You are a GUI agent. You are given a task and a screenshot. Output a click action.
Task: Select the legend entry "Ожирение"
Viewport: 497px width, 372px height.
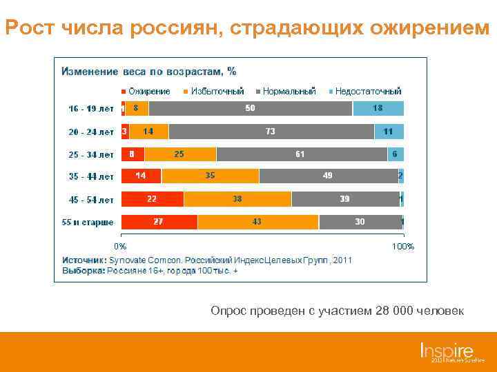148,91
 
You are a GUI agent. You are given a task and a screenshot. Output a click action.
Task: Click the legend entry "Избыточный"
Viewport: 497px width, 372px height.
217,91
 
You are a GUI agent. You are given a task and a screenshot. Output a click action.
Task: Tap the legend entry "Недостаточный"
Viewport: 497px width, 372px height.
367,91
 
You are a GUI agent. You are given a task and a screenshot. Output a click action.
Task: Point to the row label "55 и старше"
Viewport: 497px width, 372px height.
88,222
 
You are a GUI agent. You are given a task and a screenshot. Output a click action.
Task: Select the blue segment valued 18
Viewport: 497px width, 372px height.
378,108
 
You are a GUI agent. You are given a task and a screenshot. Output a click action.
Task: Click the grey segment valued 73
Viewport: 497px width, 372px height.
271,131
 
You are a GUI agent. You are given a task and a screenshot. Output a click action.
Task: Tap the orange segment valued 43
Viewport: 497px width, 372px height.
257,222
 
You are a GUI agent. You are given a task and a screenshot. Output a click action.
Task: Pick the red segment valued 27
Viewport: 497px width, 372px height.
159,222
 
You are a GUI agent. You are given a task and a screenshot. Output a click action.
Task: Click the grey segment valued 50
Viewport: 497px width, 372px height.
251,108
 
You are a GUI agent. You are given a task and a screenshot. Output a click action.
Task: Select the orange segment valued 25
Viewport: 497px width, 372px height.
179,154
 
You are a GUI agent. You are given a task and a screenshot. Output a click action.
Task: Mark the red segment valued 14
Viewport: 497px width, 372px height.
141,176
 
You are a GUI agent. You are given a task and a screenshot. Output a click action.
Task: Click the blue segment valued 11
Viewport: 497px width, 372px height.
389,131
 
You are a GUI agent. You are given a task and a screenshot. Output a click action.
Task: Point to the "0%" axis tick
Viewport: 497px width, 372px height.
120,246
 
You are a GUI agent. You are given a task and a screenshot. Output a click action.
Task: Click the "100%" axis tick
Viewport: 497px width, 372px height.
402,246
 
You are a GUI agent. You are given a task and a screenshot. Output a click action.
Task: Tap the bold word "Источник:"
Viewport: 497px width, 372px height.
84,260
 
